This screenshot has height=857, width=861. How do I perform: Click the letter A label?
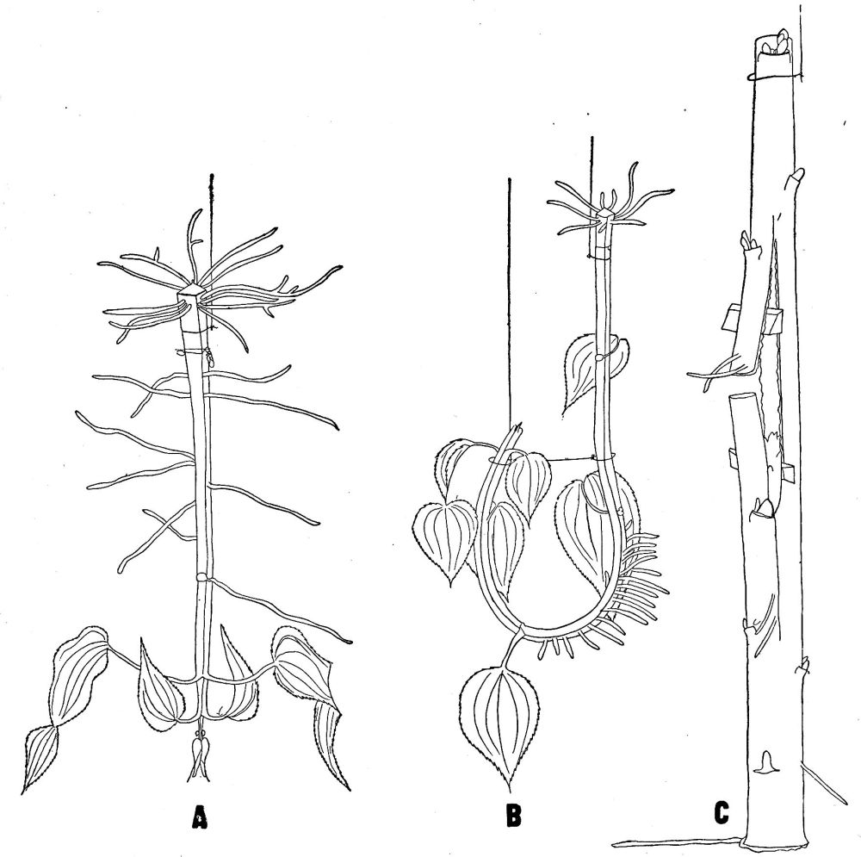(200, 817)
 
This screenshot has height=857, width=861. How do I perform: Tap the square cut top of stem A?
(190, 293)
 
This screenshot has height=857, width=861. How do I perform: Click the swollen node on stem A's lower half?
(201, 578)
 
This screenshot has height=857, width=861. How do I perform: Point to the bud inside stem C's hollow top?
(777, 45)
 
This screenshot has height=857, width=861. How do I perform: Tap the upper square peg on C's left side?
(730, 318)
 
